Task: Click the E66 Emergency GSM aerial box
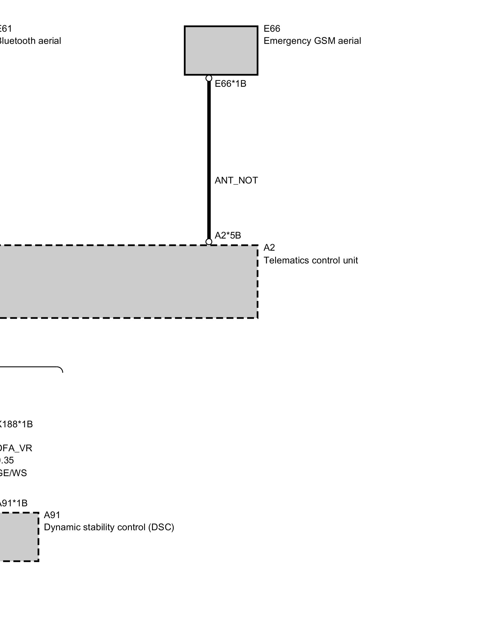pos(221,50)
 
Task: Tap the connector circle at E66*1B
pos(209,78)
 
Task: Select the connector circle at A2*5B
pos(209,242)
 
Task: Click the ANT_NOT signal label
pos(236,181)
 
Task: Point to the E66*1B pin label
pos(230,84)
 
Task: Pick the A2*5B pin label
pos(228,235)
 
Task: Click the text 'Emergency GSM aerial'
pos(312,41)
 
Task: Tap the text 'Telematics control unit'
pos(311,260)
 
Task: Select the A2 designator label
pos(269,248)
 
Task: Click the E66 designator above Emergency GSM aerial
pos(272,29)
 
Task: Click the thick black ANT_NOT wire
pos(209,155)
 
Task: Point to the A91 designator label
pos(52,515)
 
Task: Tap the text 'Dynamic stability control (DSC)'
pos(109,527)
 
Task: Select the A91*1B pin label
pos(13,503)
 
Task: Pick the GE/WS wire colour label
pos(13,473)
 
